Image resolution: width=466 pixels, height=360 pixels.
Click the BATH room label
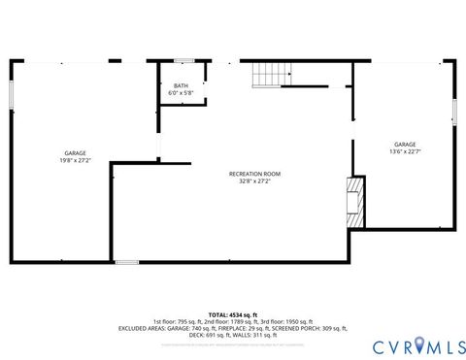pyautogui.click(x=182, y=85)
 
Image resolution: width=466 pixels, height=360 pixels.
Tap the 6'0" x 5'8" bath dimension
pyautogui.click(x=182, y=92)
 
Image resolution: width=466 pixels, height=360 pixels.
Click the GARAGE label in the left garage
pyautogui.click(x=75, y=153)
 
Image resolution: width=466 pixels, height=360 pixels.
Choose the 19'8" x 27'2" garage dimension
pyautogui.click(x=75, y=160)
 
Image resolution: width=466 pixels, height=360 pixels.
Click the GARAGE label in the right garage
pyautogui.click(x=405, y=145)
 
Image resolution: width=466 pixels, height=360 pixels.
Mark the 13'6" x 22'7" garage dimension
pyautogui.click(x=405, y=151)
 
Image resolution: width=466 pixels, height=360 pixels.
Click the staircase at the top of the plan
pyautogui.click(x=272, y=74)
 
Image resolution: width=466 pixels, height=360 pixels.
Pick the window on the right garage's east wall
pyautogui.click(x=453, y=107)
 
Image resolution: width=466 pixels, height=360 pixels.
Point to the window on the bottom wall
pyautogui.click(x=126, y=262)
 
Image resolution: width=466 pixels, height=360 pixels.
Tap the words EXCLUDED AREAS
pyautogui.click(x=144, y=328)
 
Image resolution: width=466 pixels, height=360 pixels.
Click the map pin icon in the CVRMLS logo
pyautogui.click(x=421, y=342)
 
